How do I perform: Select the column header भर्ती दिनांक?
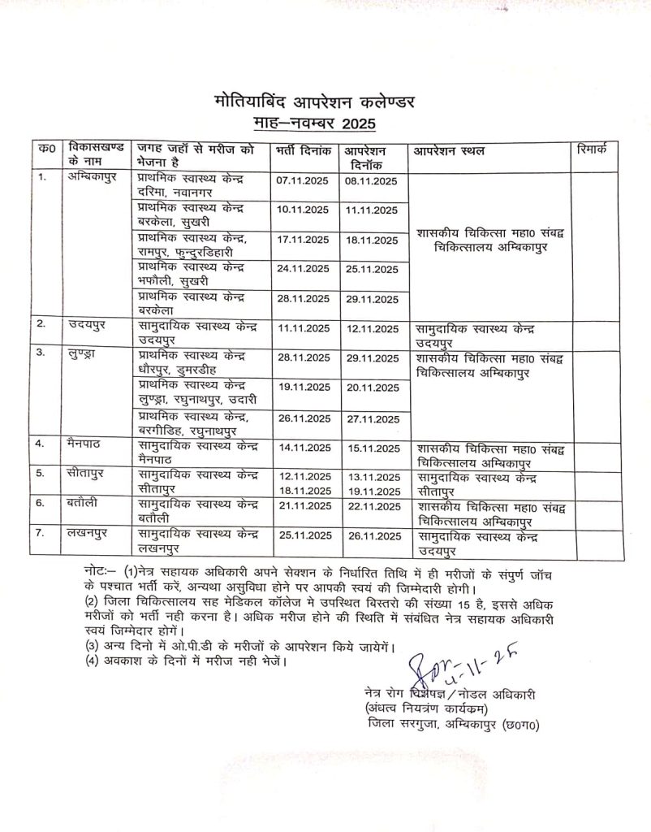click(302, 152)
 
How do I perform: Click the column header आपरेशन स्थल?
click(450, 152)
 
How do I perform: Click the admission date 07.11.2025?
click(303, 180)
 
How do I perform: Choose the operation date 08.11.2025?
click(371, 180)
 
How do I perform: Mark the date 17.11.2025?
click(303, 240)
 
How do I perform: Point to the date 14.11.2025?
click(303, 448)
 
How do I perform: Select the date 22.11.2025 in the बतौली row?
click(371, 507)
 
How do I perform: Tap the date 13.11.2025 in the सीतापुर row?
click(371, 477)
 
